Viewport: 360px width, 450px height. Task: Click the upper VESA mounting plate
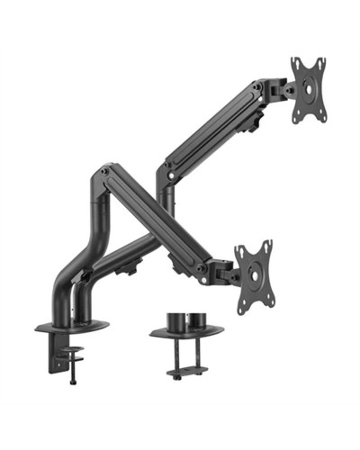tap(307, 89)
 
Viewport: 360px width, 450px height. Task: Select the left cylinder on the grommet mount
tap(175, 320)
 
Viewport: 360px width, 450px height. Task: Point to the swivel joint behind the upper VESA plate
tap(275, 93)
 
